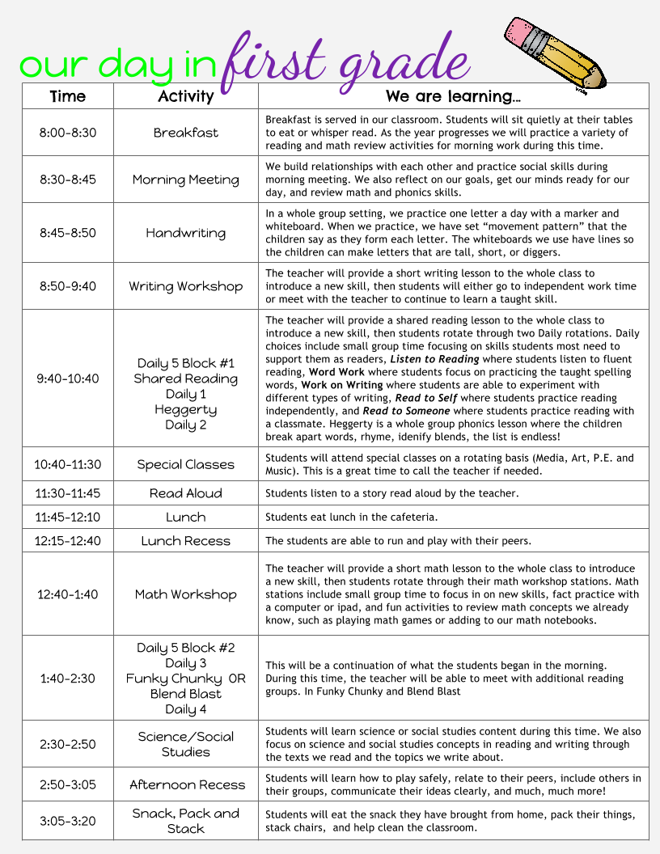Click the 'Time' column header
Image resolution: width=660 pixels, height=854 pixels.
(67, 96)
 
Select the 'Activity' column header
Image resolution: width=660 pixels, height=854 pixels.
(185, 96)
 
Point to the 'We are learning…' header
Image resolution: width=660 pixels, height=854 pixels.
(453, 96)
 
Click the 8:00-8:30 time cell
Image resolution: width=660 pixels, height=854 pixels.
(67, 133)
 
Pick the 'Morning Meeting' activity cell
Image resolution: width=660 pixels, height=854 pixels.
(185, 180)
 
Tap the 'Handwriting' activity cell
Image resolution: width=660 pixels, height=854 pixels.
(185, 233)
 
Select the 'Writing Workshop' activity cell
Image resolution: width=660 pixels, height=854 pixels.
(185, 286)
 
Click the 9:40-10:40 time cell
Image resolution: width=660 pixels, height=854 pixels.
(67, 378)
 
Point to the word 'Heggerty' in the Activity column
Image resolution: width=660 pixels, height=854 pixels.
(185, 409)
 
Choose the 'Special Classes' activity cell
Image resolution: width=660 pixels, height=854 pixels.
(185, 464)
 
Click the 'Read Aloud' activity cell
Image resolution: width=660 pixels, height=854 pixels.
(185, 493)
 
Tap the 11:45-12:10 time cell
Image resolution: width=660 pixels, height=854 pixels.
(67, 517)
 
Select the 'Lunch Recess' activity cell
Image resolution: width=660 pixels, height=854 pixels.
(185, 541)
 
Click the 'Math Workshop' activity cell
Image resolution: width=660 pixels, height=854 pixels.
(185, 594)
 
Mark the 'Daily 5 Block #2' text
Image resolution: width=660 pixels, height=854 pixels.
(185, 648)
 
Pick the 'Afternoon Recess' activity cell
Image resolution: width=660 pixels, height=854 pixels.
(187, 784)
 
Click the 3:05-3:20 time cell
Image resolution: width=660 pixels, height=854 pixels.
(67, 821)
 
